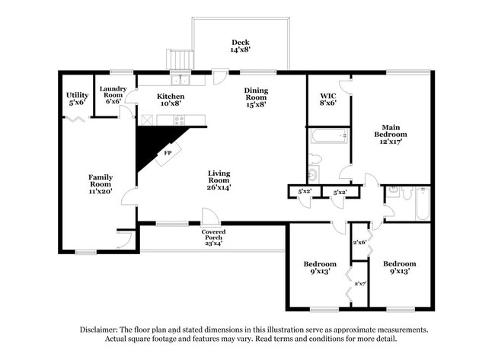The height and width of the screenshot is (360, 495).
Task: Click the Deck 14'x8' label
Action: (241, 46)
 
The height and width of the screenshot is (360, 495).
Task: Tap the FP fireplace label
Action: (168, 153)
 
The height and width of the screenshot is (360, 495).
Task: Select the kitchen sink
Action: (180, 80)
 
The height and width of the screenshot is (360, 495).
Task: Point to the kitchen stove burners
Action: (179, 120)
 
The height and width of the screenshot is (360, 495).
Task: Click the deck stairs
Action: (180, 59)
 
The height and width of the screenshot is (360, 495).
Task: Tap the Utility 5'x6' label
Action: (78, 98)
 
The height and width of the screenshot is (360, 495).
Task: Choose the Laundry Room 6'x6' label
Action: (113, 95)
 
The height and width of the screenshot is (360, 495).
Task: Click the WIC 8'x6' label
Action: (328, 99)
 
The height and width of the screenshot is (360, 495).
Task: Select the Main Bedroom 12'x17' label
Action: (391, 135)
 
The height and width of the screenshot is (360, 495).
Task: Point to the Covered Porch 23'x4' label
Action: (213, 237)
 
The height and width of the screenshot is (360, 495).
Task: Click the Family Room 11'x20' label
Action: (101, 184)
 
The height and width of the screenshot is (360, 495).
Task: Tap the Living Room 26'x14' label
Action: (219, 180)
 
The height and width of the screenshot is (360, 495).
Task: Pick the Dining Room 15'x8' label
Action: (256, 97)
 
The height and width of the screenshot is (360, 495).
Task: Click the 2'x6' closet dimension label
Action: (359, 242)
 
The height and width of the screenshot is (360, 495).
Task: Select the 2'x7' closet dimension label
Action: (360, 283)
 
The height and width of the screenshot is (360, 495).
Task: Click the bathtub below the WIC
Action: (329, 135)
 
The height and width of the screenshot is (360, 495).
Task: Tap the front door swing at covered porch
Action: (210, 215)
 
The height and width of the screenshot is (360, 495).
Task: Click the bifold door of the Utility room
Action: (75, 119)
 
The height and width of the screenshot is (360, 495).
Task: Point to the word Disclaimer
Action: (98, 330)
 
